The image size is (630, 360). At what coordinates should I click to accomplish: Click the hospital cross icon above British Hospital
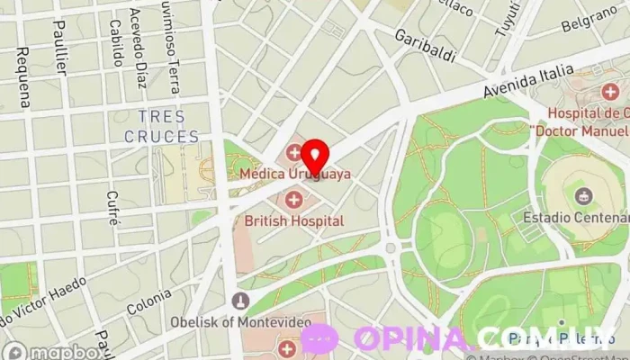click(293, 198)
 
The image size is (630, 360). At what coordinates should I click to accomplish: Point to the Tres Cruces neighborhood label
click(162, 127)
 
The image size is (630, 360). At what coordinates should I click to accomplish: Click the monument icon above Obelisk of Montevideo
click(239, 301)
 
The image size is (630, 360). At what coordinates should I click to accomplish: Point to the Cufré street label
click(112, 207)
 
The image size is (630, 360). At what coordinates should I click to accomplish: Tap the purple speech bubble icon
click(320, 338)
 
